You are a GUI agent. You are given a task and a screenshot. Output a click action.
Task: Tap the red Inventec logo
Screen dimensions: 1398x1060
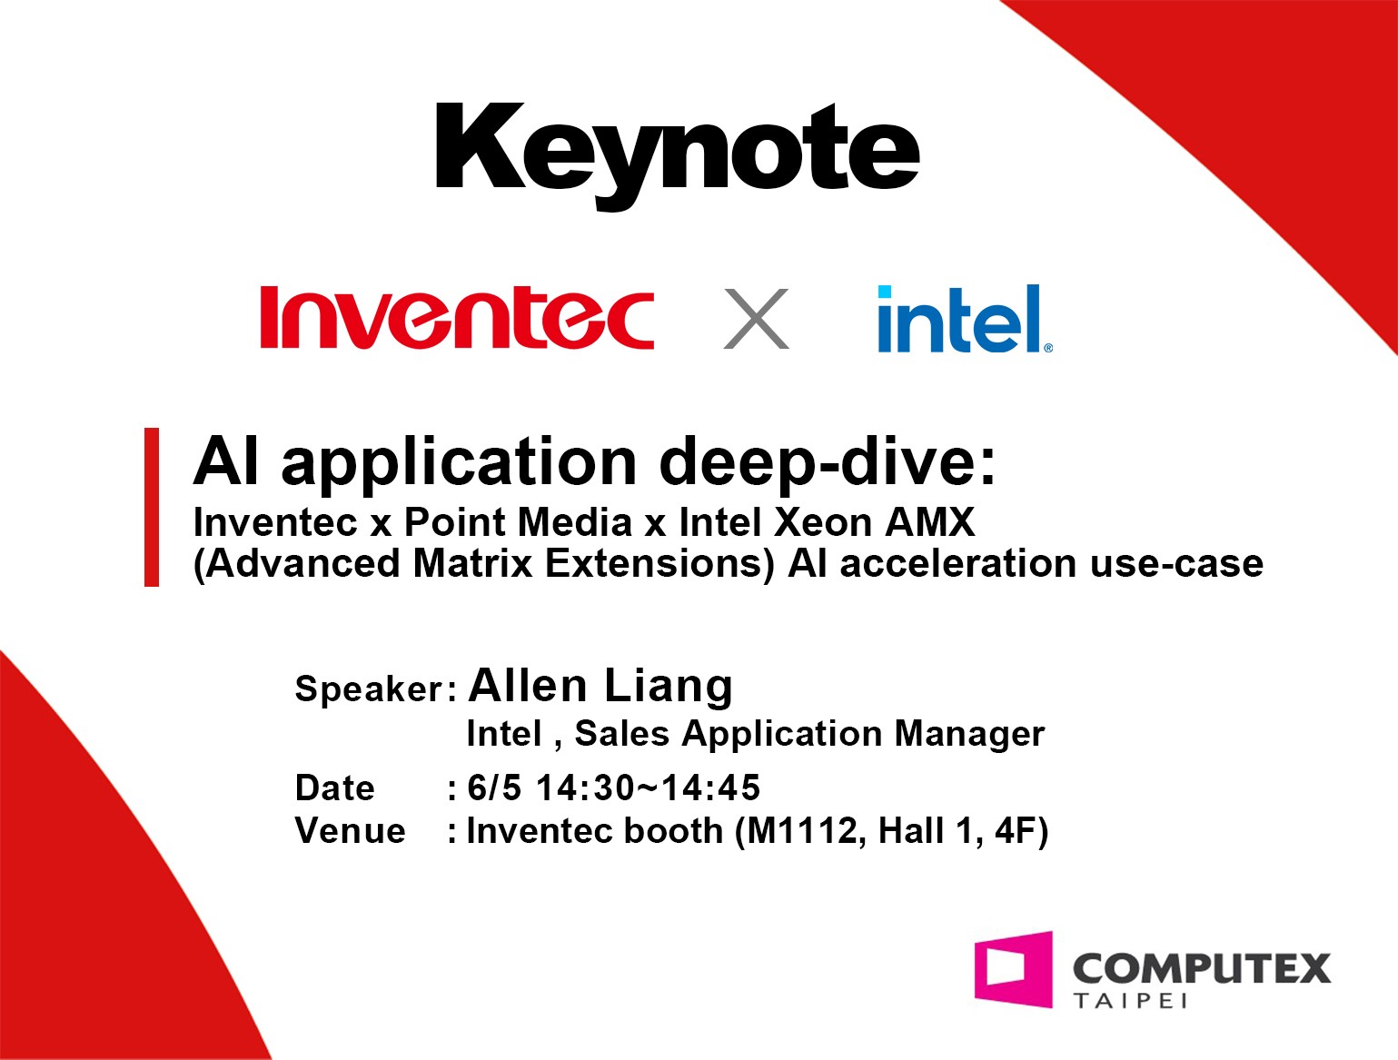tap(457, 317)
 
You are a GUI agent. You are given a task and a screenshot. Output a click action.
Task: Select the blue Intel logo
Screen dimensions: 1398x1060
tap(965, 318)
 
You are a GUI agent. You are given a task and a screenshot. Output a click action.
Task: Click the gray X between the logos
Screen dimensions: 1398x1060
tap(756, 318)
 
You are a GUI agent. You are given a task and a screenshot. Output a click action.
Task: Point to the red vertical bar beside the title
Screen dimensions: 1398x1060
tap(152, 507)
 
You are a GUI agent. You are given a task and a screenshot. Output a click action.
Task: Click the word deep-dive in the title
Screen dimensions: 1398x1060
tap(827, 463)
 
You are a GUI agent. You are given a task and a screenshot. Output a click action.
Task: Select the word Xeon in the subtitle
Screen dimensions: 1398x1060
tap(823, 522)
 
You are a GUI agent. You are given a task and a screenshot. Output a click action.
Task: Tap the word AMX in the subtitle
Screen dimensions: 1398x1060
tap(930, 522)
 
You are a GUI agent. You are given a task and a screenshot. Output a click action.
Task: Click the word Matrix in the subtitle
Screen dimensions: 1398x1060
tap(472, 563)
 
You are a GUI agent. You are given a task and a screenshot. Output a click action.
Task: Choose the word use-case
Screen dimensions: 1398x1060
tap(1176, 565)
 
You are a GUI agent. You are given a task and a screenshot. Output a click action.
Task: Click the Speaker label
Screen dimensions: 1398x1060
tap(376, 689)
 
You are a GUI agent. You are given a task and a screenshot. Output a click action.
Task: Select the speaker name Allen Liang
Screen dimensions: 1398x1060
tap(600, 687)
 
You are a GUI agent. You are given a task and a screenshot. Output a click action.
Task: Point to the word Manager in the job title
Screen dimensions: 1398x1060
tap(969, 734)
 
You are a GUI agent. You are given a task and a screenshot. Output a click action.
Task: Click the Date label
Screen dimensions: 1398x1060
tap(334, 788)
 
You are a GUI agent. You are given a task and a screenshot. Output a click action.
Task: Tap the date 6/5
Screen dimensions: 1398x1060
tap(494, 788)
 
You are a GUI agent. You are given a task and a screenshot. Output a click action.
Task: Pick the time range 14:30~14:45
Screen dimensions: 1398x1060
tap(649, 788)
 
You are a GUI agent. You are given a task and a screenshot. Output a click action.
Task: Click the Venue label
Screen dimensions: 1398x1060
tap(350, 831)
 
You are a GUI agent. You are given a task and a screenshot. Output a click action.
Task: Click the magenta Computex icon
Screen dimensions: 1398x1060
tap(1014, 969)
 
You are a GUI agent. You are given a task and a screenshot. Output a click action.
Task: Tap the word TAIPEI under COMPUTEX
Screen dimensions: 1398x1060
tap(1131, 1000)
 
